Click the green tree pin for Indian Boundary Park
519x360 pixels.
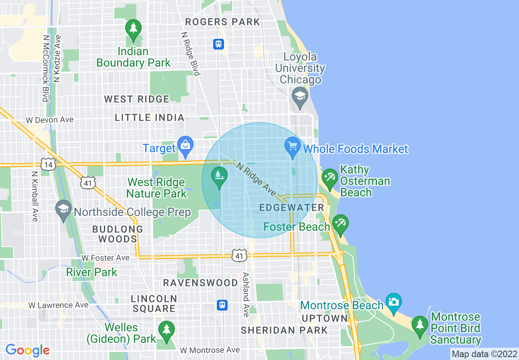[x=133, y=29]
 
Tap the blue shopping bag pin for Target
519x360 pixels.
[x=185, y=146]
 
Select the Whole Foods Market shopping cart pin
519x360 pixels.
[x=292, y=146]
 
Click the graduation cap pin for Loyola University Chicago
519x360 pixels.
[x=300, y=97]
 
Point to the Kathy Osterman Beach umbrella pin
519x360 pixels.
[x=329, y=178]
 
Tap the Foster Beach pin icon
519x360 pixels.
[x=341, y=224]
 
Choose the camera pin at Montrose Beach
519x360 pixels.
[x=393, y=303]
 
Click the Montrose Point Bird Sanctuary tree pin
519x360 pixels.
[x=420, y=326]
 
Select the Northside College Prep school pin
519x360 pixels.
[x=63, y=210]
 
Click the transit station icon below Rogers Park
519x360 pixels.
[x=219, y=44]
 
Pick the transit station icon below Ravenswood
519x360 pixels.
[x=222, y=305]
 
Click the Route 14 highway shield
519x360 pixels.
[x=48, y=164]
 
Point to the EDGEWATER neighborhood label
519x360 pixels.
[x=292, y=208]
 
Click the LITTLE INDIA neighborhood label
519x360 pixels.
[x=149, y=118]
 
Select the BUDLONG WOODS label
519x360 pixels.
[x=117, y=234]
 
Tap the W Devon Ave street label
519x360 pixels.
[x=50, y=120]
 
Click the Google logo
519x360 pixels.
[x=27, y=350]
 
